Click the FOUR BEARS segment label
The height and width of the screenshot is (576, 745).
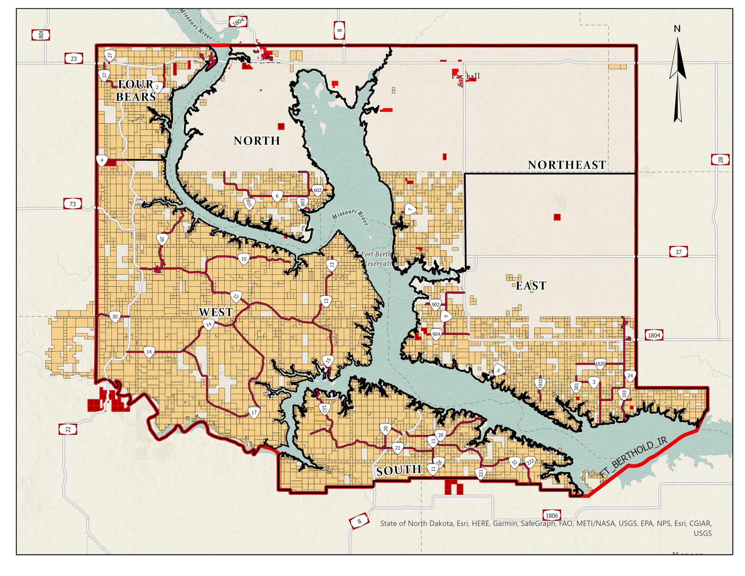[136, 90]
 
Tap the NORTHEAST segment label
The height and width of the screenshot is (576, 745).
[566, 165]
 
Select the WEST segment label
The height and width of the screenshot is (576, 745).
[215, 312]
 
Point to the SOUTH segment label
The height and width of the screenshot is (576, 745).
[399, 470]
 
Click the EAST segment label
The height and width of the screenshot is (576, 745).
[531, 286]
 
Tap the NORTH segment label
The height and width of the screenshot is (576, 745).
[257, 141]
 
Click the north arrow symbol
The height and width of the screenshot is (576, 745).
[677, 78]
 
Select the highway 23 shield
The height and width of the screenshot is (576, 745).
[74, 59]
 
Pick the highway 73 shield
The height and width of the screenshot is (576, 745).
[73, 204]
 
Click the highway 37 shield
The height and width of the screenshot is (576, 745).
[679, 252]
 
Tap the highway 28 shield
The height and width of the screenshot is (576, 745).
[720, 160]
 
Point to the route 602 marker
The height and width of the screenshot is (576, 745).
[318, 191]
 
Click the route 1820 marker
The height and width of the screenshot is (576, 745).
[600, 364]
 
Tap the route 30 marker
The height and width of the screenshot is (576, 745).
[115, 316]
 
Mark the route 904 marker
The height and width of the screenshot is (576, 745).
[436, 334]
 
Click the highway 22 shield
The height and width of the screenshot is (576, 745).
[68, 429]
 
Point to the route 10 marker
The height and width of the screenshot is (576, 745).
[243, 259]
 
